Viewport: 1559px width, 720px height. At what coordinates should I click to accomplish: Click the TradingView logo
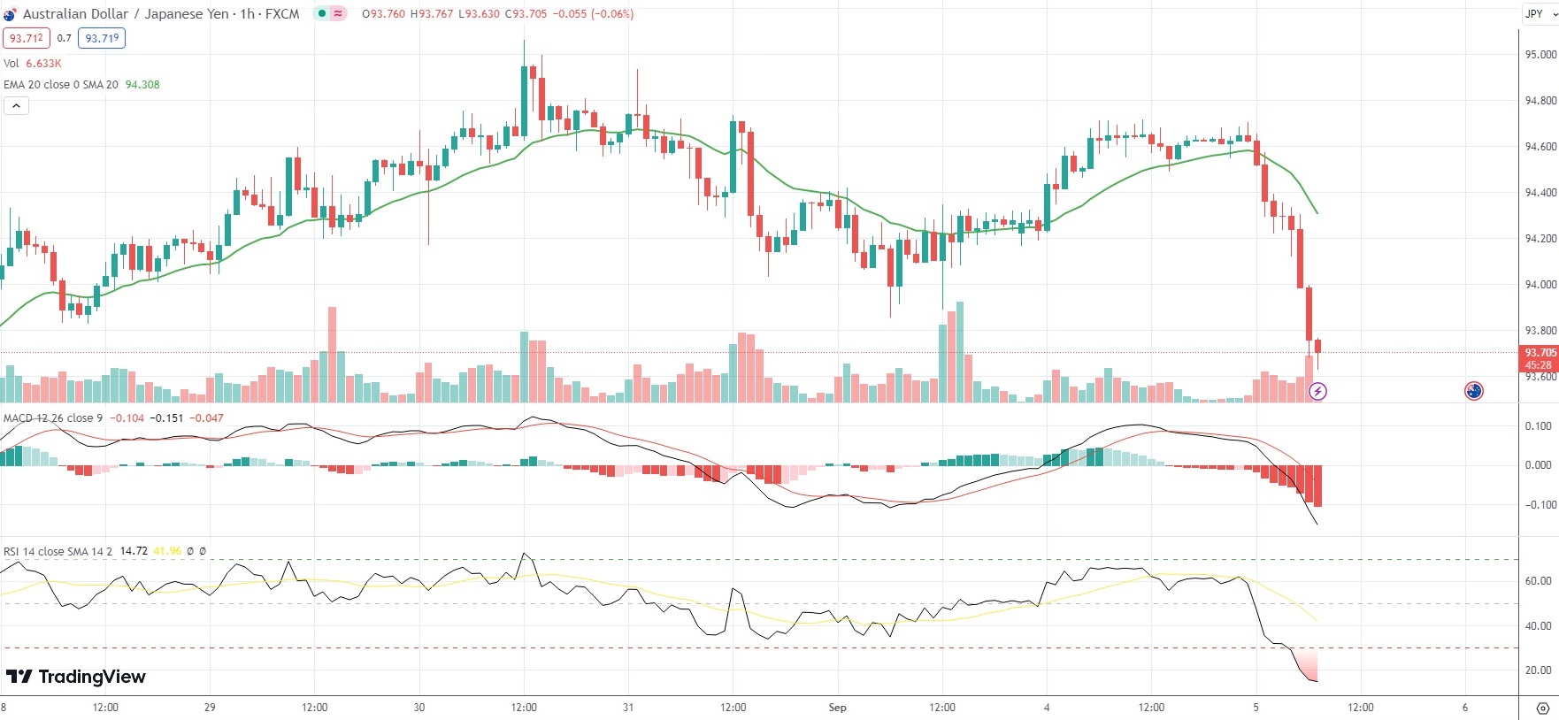click(x=76, y=677)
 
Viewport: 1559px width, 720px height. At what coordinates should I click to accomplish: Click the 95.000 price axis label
click(x=1540, y=55)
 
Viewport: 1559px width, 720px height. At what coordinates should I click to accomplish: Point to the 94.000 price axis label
click(x=1540, y=285)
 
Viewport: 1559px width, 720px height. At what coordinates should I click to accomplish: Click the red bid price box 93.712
click(x=27, y=38)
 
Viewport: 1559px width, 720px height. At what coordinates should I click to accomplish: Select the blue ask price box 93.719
click(x=102, y=38)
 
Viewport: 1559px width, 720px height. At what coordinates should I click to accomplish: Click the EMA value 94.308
click(x=142, y=85)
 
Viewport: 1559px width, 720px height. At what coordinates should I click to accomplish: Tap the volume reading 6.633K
click(x=43, y=64)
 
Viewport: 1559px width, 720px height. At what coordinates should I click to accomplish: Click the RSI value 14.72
click(x=134, y=551)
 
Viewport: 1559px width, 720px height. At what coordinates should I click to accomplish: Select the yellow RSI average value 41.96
click(x=167, y=551)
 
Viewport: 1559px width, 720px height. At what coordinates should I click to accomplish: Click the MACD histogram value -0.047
click(x=209, y=418)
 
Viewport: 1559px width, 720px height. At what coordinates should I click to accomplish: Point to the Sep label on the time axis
click(x=837, y=708)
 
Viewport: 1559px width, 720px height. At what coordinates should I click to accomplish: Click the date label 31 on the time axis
click(x=628, y=708)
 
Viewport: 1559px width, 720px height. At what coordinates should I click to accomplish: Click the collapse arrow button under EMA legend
click(x=16, y=106)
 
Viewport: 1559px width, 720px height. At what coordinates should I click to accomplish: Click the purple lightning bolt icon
click(x=1317, y=391)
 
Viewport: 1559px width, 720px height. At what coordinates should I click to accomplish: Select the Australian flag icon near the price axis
click(x=1473, y=391)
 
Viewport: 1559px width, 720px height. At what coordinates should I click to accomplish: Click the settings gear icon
click(x=1542, y=709)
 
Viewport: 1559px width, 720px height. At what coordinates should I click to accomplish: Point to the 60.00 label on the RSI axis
click(x=1538, y=581)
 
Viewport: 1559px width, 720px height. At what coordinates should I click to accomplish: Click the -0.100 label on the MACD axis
click(x=1538, y=505)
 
